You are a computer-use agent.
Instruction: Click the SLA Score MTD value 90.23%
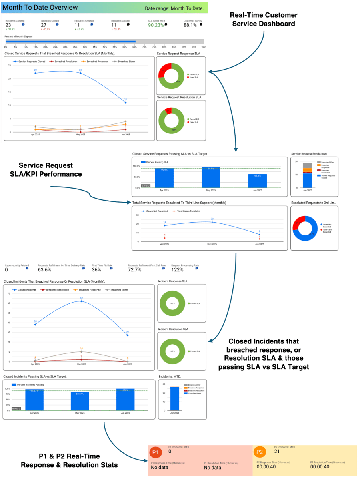tap(156, 25)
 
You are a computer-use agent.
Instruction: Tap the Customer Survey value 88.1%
tap(190, 25)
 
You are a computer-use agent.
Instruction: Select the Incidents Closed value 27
tap(44, 25)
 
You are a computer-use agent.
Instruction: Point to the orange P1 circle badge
tap(156, 452)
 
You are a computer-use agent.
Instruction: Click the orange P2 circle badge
tap(259, 452)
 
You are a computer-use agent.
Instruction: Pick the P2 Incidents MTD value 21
tap(277, 451)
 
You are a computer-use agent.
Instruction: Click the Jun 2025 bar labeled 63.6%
tap(258, 181)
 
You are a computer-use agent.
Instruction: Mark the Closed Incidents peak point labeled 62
tap(81, 301)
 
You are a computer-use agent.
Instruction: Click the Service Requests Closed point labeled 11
tap(126, 102)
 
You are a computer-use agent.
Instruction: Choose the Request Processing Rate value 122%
tap(177, 270)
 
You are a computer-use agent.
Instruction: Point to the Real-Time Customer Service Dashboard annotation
tap(264, 19)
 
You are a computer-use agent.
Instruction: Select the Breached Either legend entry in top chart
tap(123, 62)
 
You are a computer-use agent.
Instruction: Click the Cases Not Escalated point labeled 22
tap(212, 222)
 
